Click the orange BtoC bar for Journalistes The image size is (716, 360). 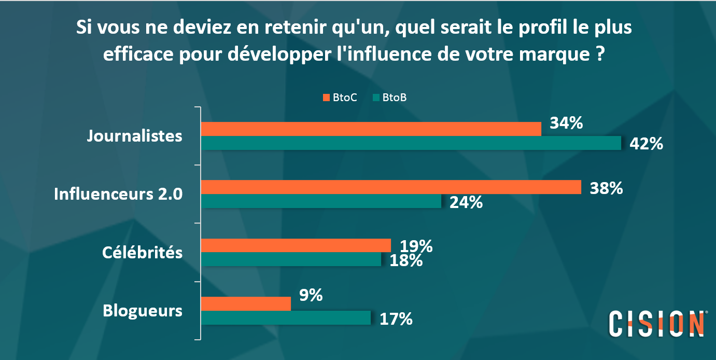click(371, 129)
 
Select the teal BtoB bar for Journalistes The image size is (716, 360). click(411, 143)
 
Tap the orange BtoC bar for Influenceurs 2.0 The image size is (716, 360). click(390, 187)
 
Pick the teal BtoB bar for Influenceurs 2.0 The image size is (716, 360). click(321, 201)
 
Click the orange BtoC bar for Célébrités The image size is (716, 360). click(296, 245)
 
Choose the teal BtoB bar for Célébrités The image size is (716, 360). click(291, 259)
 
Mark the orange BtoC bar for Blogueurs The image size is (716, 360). click(246, 303)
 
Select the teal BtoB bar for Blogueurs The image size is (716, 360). click(286, 317)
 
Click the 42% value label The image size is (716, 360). click(646, 144)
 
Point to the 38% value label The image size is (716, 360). click(606, 188)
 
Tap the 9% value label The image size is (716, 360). click(311, 296)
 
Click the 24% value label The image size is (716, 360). click(466, 202)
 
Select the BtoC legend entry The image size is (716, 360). click(340, 98)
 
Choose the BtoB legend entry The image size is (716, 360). click(389, 98)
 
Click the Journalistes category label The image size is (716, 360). click(134, 136)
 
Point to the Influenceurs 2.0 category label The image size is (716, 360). click(118, 194)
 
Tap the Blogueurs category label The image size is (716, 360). click(143, 311)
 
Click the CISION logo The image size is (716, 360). click(656, 324)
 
